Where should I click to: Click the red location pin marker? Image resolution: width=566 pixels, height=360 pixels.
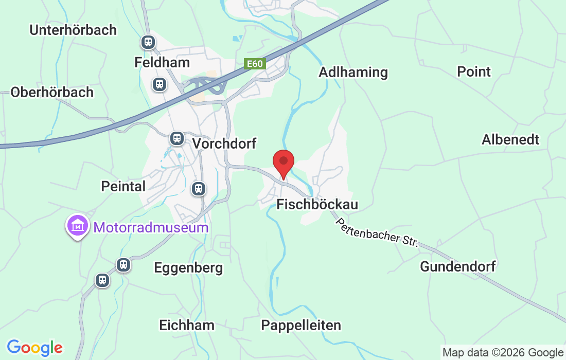tap(283, 163)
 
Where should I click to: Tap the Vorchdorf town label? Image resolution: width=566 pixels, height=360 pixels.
tap(224, 143)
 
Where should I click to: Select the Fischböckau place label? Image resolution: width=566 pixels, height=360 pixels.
tap(317, 204)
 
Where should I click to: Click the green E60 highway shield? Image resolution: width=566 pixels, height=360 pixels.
tap(254, 64)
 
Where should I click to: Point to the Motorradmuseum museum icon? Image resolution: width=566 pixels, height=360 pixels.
tap(77, 226)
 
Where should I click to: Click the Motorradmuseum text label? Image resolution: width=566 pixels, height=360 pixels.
tap(150, 227)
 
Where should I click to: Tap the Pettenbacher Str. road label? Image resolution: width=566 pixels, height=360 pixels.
tap(377, 233)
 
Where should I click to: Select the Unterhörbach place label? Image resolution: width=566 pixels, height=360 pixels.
tap(73, 30)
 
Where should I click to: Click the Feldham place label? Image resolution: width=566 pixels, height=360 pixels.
tap(162, 62)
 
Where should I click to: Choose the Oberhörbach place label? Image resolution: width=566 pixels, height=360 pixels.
tap(52, 92)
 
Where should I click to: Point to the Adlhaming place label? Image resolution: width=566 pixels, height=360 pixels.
tap(353, 72)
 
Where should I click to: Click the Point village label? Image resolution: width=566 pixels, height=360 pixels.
tap(474, 71)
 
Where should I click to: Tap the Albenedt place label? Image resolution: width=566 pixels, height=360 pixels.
tap(510, 139)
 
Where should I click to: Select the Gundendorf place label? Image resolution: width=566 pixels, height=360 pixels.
tap(458, 266)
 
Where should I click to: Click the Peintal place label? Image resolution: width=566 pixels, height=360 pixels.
tap(123, 186)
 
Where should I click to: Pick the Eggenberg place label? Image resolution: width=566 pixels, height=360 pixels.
tap(189, 267)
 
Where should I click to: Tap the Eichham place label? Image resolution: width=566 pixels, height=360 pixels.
tap(187, 325)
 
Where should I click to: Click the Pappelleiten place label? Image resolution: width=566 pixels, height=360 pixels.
tap(301, 325)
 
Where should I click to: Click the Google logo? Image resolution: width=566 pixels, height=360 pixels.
tap(34, 348)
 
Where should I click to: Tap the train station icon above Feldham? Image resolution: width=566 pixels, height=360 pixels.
tap(148, 42)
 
